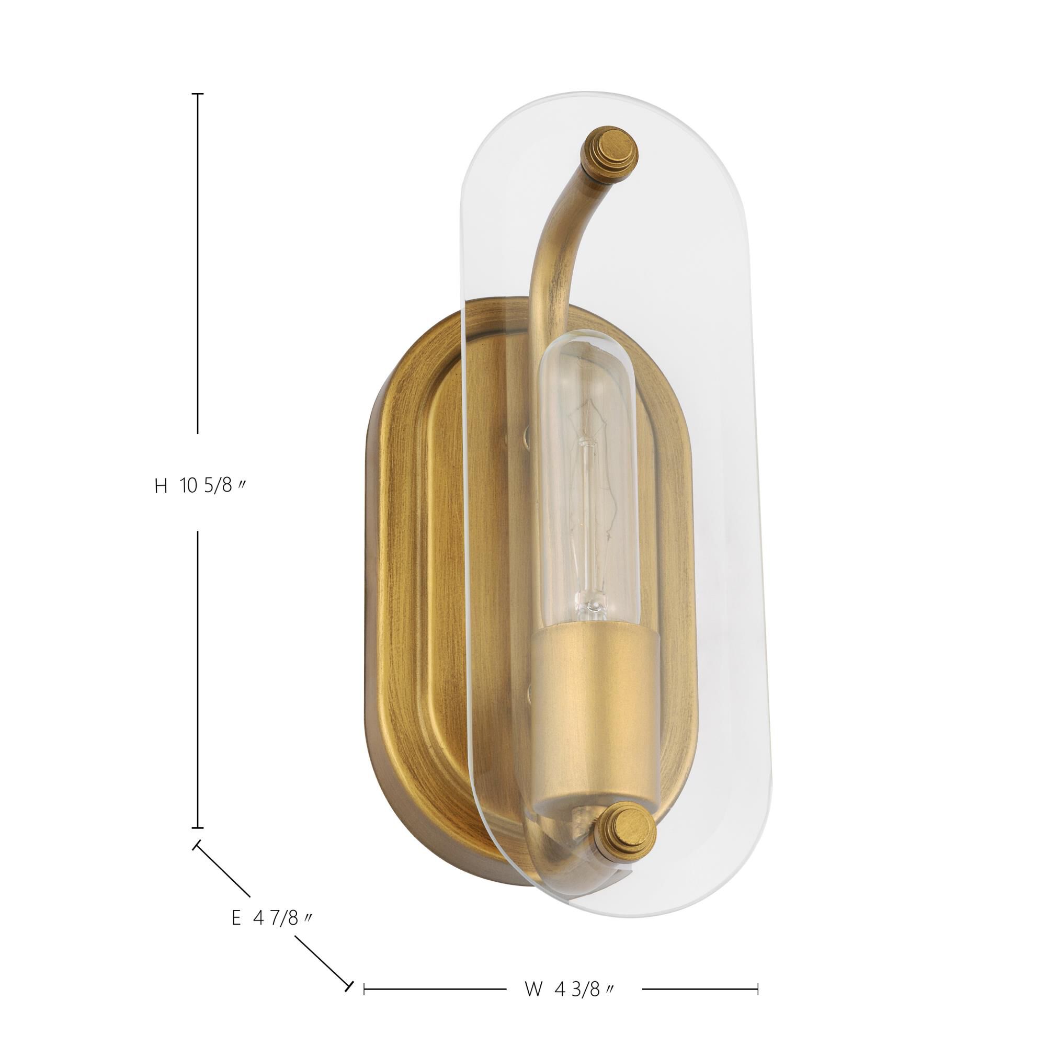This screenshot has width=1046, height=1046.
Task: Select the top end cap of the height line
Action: click(x=198, y=94)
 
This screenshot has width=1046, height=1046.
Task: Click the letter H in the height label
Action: click(x=161, y=486)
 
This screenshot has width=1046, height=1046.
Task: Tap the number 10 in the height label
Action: click(x=188, y=486)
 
